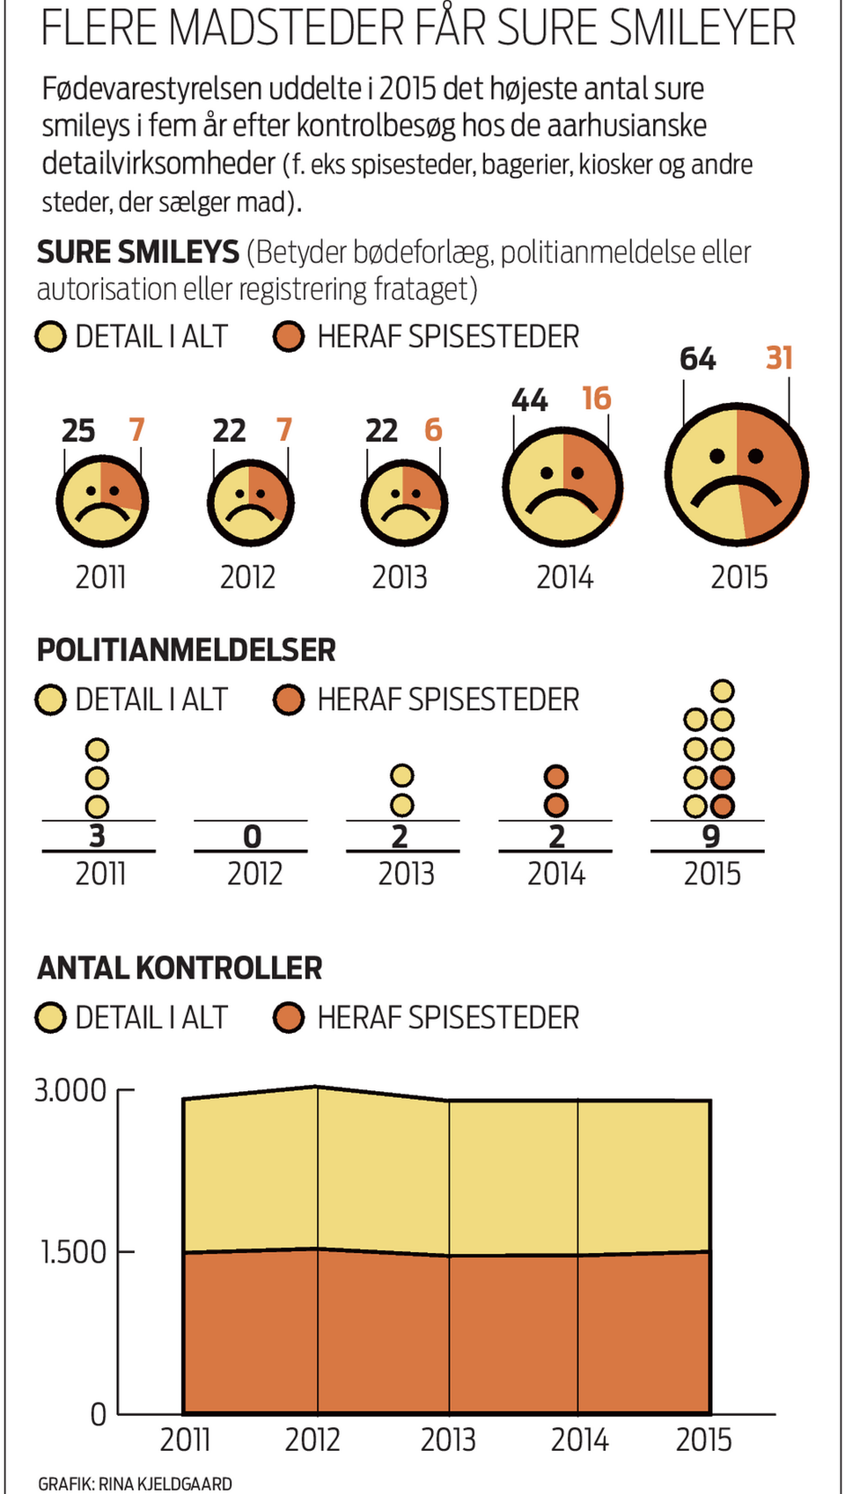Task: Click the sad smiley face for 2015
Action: click(x=737, y=475)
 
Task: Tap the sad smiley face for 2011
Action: click(x=102, y=502)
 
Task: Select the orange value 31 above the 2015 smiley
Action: click(x=779, y=358)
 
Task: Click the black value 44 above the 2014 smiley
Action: click(x=530, y=400)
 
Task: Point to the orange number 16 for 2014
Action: click(x=596, y=399)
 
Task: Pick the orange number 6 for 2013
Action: click(x=433, y=430)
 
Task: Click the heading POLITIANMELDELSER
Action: click(x=186, y=650)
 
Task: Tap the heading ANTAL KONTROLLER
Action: click(x=180, y=968)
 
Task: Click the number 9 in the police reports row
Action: click(x=711, y=836)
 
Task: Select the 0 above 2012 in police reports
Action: click(x=253, y=837)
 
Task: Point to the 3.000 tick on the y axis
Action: click(x=70, y=1090)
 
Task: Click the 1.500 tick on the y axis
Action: click(x=73, y=1251)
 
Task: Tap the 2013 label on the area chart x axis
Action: click(x=448, y=1439)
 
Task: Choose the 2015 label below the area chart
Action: click(x=704, y=1439)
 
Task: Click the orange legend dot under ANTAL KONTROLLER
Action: click(x=289, y=1018)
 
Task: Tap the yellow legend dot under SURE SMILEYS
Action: click(x=50, y=337)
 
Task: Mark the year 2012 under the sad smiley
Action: click(x=248, y=577)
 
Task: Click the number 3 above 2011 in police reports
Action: click(x=97, y=836)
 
